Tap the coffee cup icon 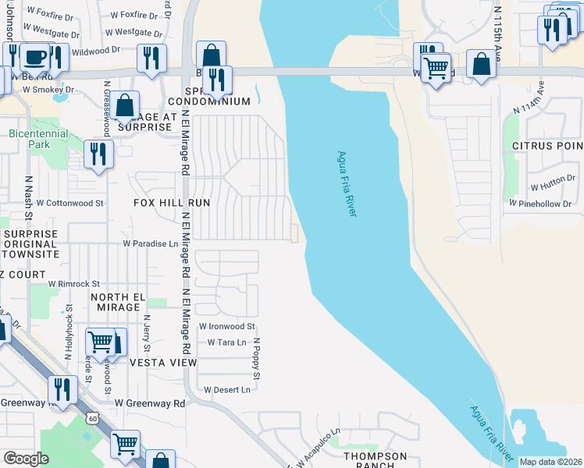[x=34, y=57]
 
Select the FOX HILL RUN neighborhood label [x=172, y=202]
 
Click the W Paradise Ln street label [x=150, y=243]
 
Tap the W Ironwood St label [x=226, y=326]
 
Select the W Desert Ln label [x=227, y=389]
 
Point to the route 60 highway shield [x=92, y=420]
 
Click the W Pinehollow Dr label [x=543, y=203]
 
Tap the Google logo [x=26, y=459]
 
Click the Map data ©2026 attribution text [x=550, y=462]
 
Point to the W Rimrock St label [x=74, y=284]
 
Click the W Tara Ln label [x=226, y=342]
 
